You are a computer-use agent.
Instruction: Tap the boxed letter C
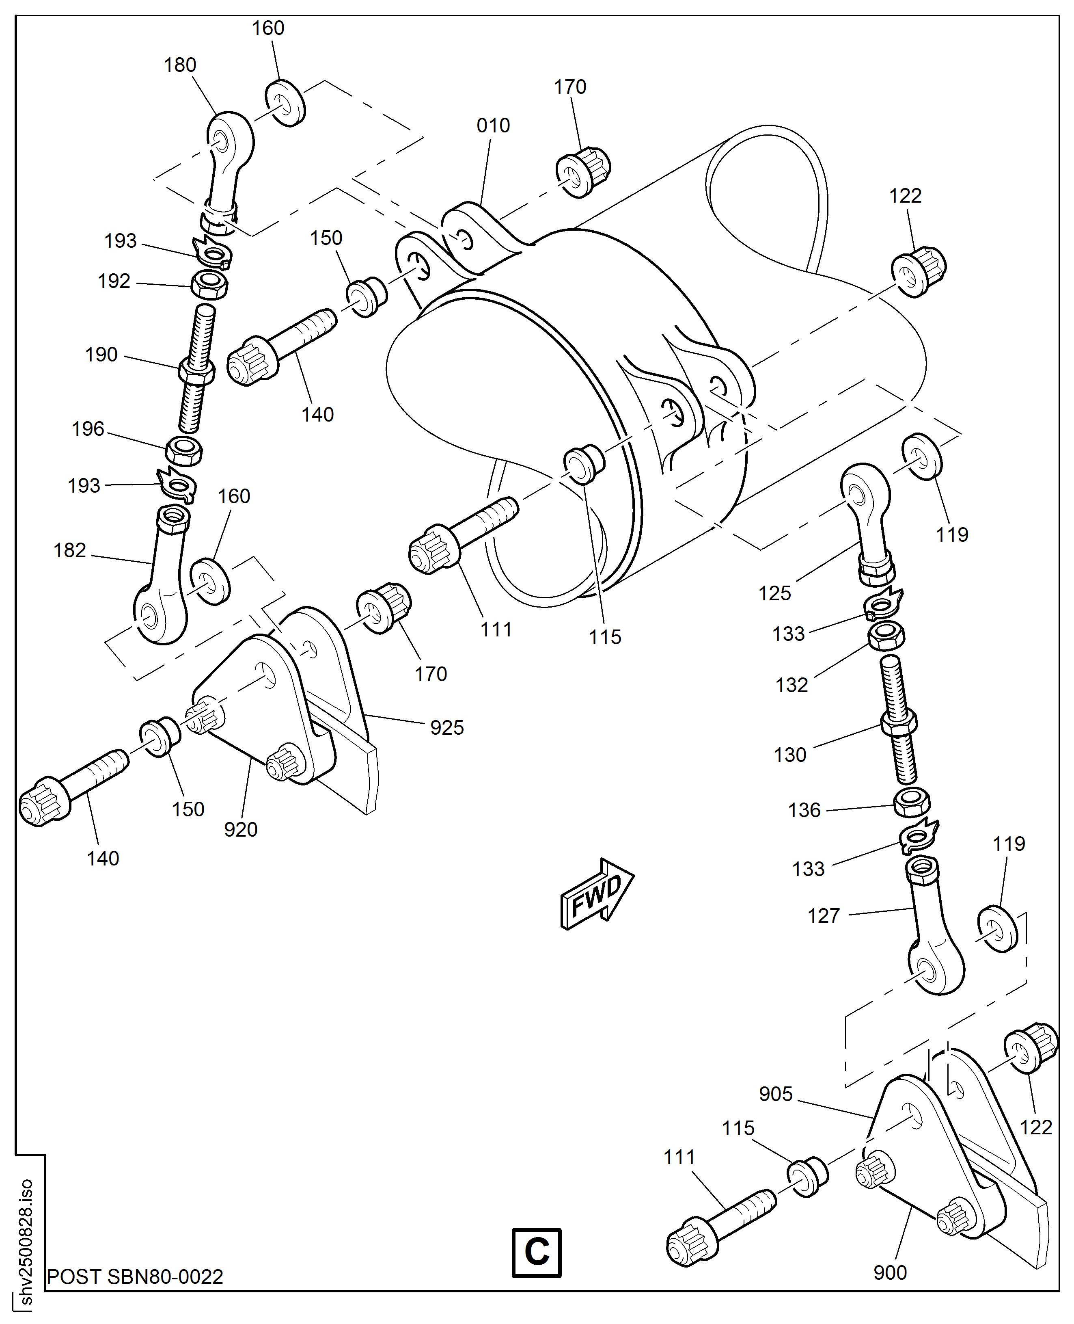pyautogui.click(x=536, y=1252)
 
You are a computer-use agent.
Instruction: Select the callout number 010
pyautogui.click(x=493, y=125)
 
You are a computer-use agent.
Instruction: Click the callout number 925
pyautogui.click(x=446, y=728)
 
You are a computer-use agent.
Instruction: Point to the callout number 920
pyautogui.click(x=241, y=829)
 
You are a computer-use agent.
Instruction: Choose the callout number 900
pyautogui.click(x=890, y=1273)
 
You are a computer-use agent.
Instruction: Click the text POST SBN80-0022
pyautogui.click(x=135, y=1276)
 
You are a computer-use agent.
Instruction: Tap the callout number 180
pyautogui.click(x=180, y=65)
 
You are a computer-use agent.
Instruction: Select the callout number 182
pyautogui.click(x=69, y=550)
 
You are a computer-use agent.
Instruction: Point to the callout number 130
pyautogui.click(x=790, y=755)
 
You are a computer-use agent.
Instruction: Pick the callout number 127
pyautogui.click(x=824, y=916)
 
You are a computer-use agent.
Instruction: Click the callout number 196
pyautogui.click(x=88, y=429)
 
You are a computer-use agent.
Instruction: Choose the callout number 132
pyautogui.click(x=792, y=685)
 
